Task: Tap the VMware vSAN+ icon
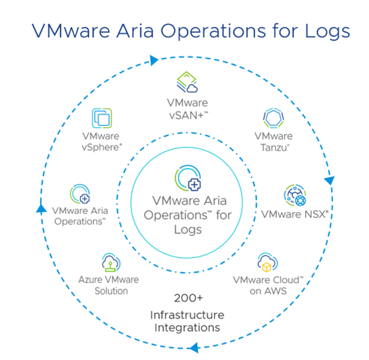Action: click(187, 82)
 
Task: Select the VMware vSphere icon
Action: click(101, 118)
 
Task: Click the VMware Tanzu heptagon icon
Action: click(273, 117)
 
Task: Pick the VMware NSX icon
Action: click(295, 195)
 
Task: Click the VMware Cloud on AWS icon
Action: click(268, 262)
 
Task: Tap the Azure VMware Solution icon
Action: click(111, 262)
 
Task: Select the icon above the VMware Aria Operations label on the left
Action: click(80, 194)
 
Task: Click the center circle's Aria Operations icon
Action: click(188, 178)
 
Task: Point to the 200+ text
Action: click(188, 298)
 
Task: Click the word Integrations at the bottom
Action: click(187, 328)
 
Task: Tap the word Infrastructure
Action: click(187, 315)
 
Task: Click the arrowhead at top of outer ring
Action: click(154, 60)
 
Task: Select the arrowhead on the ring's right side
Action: click(329, 180)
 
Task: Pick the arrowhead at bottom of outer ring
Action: click(194, 347)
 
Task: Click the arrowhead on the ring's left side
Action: click(41, 209)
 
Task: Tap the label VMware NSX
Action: click(295, 215)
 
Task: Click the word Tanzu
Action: click(275, 147)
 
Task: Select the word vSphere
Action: click(101, 147)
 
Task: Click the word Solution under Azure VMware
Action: click(111, 291)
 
